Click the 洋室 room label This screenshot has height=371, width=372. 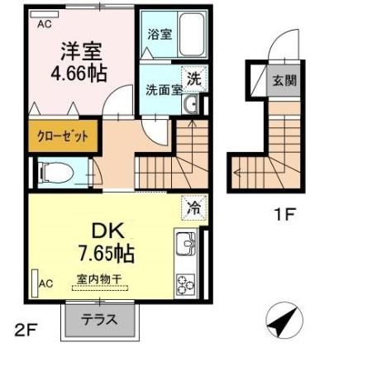pos(82,51)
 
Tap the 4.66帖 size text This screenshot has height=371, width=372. pos(79,74)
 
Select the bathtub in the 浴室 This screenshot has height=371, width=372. pos(192,35)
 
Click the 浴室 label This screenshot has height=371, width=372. pos(160,34)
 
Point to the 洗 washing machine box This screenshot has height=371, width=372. pos(194,79)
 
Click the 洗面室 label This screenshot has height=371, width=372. pos(165,89)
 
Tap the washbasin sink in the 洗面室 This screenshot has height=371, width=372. pos(191,104)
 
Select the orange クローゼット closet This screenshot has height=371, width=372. pos(64,136)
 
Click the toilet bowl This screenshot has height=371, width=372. pos(56,173)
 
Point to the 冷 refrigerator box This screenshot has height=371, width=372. pos(194,207)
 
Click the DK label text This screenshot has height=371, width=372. pos(107,231)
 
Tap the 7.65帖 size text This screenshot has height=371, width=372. pos(107,254)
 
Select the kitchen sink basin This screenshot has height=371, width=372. pos(186,243)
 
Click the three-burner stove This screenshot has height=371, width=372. pos(186,285)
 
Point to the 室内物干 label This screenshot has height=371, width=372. pos(99,279)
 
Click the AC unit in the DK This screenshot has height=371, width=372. pos(35,283)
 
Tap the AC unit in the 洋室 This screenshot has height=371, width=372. pos(45,14)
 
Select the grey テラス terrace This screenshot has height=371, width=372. pos(100,320)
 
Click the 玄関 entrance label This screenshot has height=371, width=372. pos(284,81)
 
